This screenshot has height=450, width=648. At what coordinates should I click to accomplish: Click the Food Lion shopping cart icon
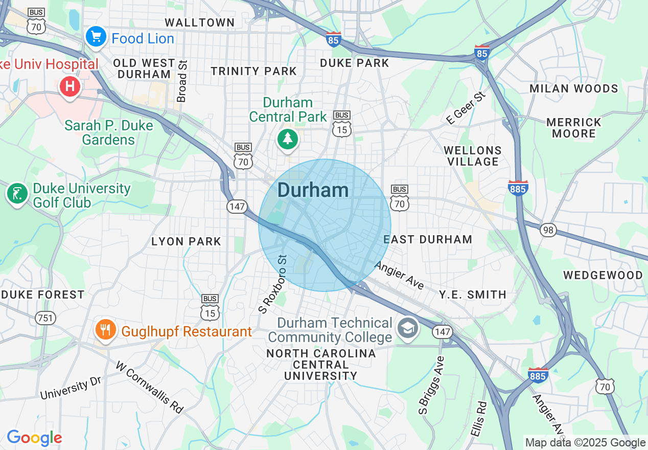pyautogui.click(x=96, y=37)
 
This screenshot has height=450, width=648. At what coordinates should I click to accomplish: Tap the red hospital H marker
pyautogui.click(x=70, y=86)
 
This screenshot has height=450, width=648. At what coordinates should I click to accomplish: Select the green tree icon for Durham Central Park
pyautogui.click(x=287, y=139)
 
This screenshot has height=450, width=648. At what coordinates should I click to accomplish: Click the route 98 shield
pyautogui.click(x=548, y=230)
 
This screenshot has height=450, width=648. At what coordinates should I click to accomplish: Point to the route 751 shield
pyautogui.click(x=45, y=318)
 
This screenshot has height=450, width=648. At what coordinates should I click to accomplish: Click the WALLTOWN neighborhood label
pyautogui.click(x=200, y=22)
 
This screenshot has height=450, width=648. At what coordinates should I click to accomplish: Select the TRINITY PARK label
pyautogui.click(x=253, y=71)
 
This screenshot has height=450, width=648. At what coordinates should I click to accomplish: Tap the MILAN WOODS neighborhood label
pyautogui.click(x=573, y=88)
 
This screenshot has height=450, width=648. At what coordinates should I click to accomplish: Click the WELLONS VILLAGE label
pyautogui.click(x=473, y=156)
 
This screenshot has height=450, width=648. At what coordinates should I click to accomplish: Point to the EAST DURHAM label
pyautogui.click(x=428, y=239)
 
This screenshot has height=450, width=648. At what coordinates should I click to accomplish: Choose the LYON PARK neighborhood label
pyautogui.click(x=186, y=241)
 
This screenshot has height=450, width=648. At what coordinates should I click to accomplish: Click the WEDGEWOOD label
pyautogui.click(x=603, y=275)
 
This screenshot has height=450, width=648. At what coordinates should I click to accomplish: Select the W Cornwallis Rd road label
pyautogui.click(x=149, y=387)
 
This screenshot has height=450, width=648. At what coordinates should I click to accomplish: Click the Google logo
pyautogui.click(x=34, y=438)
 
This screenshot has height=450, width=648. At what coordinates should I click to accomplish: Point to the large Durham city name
pyautogui.click(x=313, y=190)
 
